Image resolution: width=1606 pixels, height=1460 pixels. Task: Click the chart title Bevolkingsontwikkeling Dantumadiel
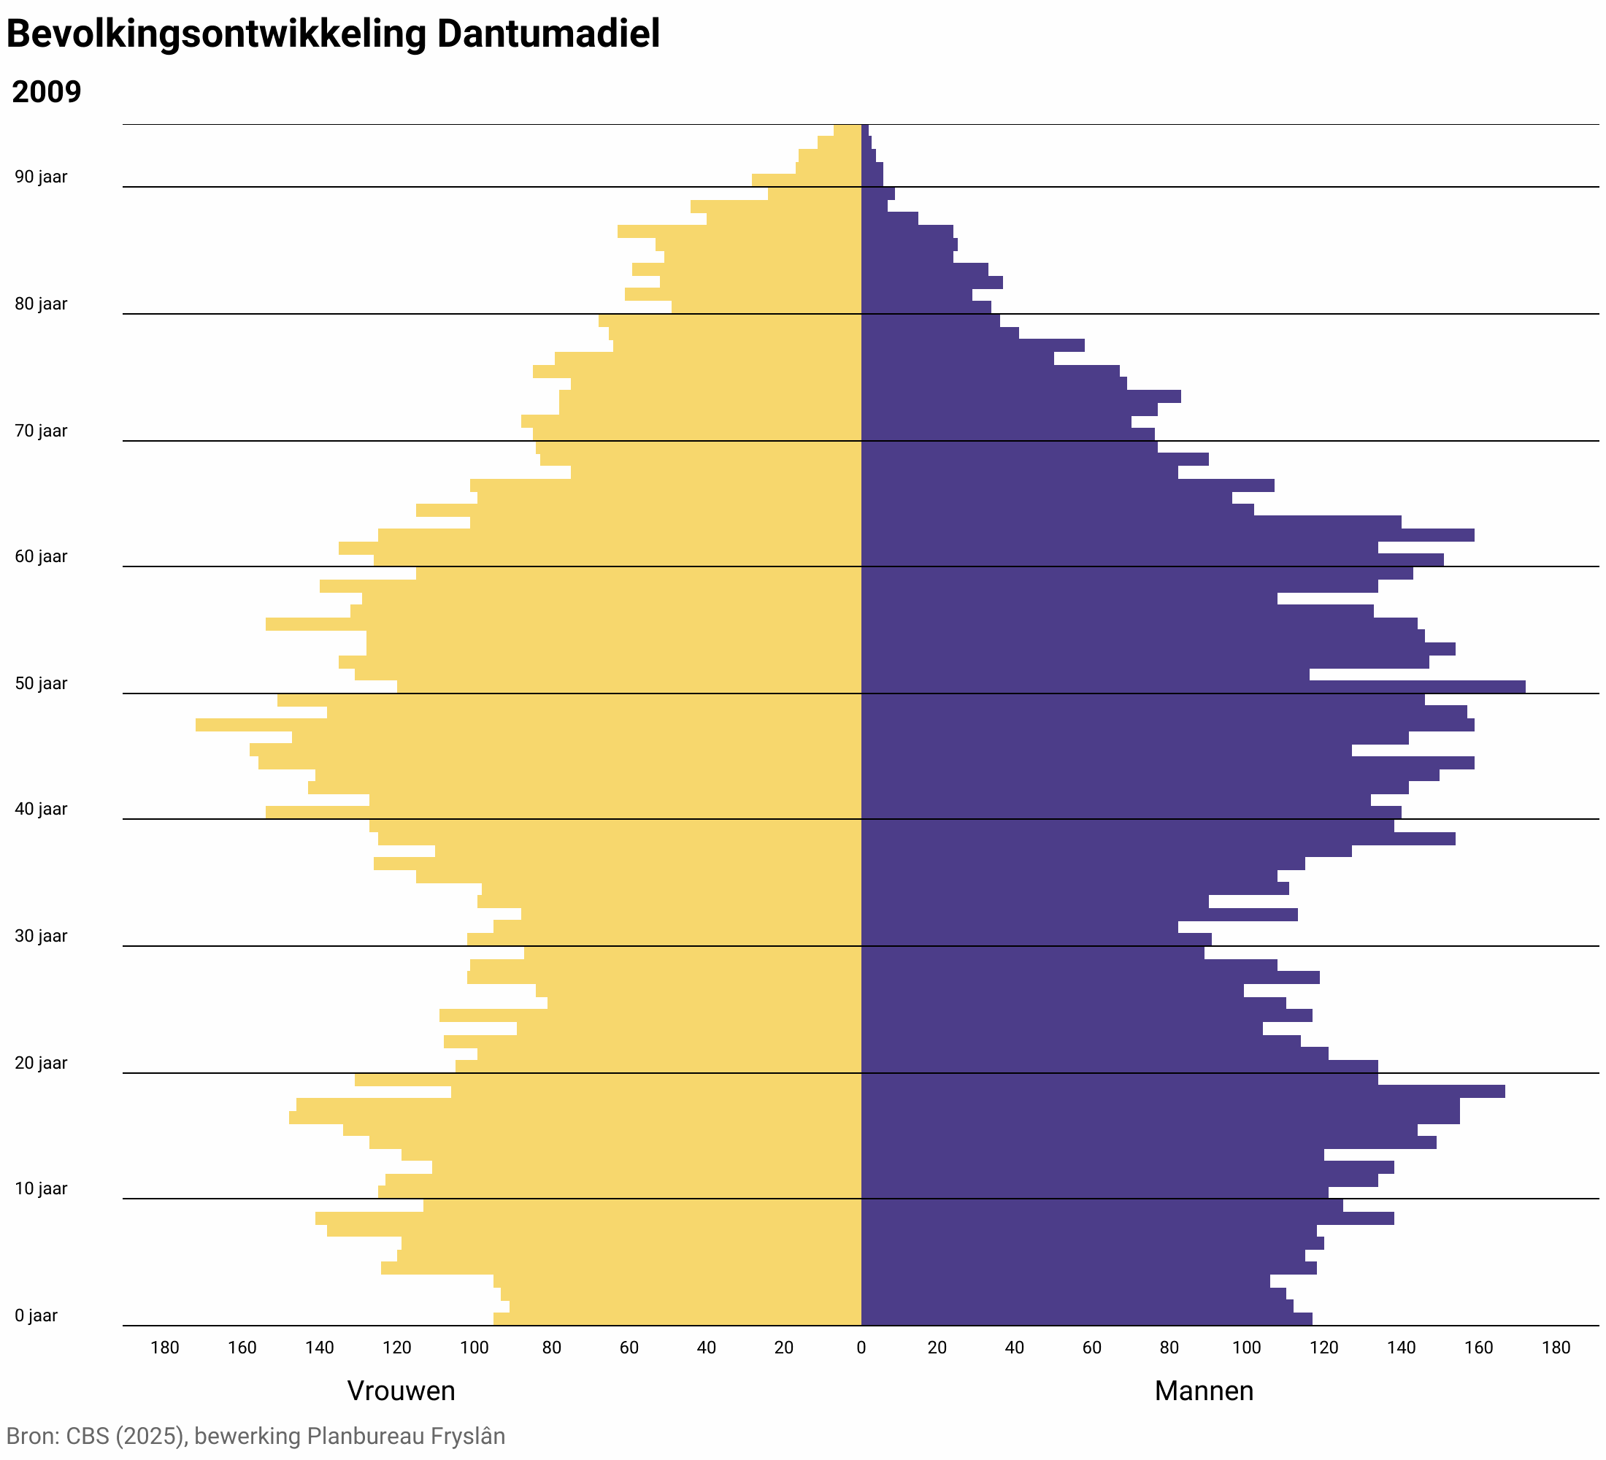pos(333,35)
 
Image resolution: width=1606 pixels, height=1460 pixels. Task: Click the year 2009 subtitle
pos(46,93)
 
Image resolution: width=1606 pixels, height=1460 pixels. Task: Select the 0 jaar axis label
pos(36,1315)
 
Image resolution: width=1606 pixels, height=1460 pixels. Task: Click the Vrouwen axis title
pos(401,1391)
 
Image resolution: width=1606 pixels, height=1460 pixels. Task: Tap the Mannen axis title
pos(1203,1391)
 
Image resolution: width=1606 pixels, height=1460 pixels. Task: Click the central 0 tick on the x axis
pos(861,1348)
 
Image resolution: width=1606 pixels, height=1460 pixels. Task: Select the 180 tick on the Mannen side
pos(1556,1348)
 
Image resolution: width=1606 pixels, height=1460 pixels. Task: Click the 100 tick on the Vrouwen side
pos(474,1348)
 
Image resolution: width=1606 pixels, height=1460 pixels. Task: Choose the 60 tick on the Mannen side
pos(1091,1348)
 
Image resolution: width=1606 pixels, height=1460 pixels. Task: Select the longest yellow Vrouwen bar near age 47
pos(526,725)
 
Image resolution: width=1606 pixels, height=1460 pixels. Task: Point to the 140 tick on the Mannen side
pos(1402,1348)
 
